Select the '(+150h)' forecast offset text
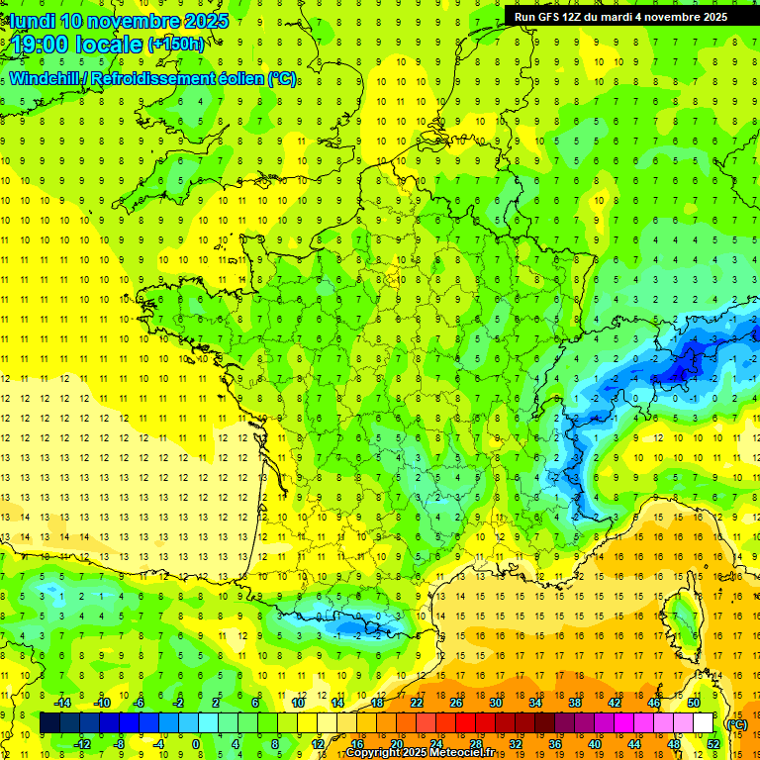coord(176,44)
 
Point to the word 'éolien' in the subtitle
coord(241,78)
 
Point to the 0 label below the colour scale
coord(195,744)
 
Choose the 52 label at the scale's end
coord(712,744)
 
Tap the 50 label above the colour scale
coord(694,703)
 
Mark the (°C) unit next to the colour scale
coord(737,723)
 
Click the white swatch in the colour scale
coord(703,723)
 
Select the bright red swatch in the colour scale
coord(465,723)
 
